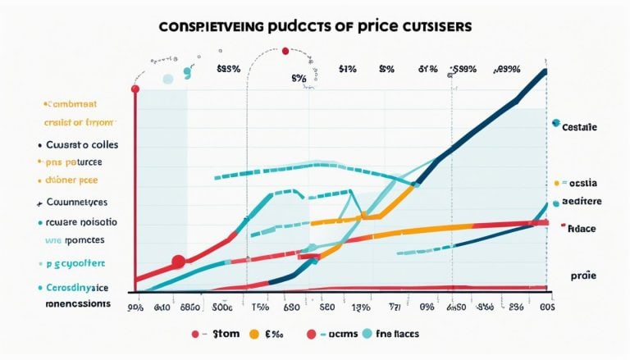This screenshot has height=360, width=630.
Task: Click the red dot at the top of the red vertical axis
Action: pos(135,88)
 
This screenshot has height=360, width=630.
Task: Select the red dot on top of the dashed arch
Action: pos(285,52)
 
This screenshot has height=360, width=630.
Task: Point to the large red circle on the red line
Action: pos(176,262)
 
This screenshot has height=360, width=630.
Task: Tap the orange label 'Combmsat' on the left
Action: pos(72,105)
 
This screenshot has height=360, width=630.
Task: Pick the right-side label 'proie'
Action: pos(584,278)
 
